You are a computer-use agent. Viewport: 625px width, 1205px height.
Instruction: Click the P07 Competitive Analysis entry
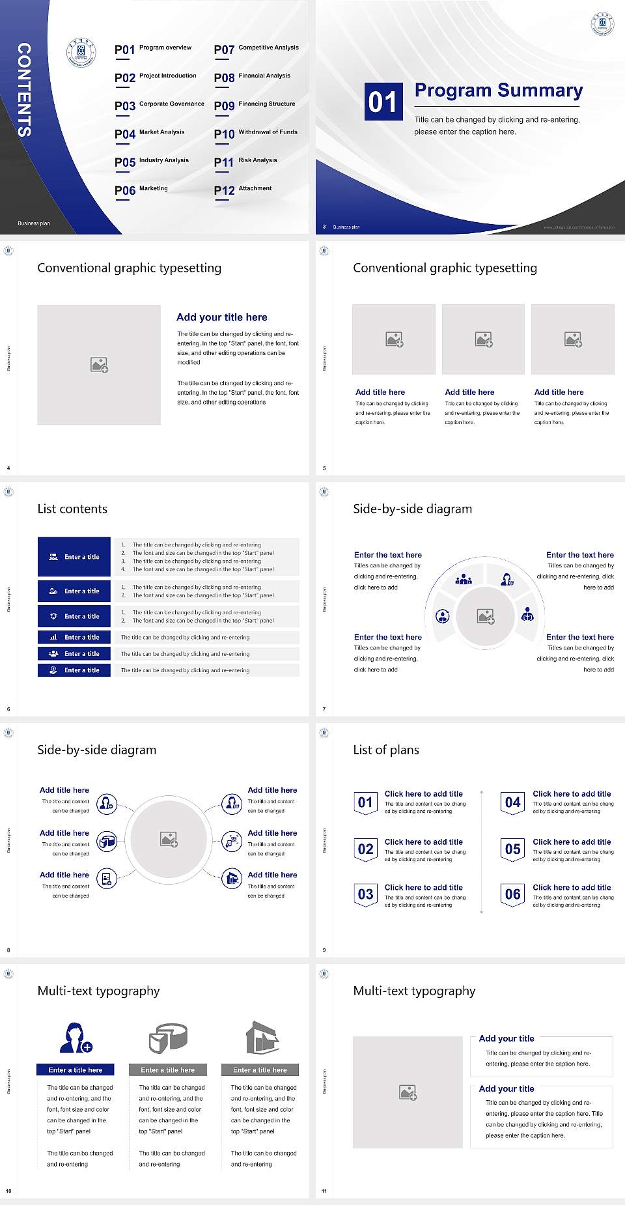point(257,50)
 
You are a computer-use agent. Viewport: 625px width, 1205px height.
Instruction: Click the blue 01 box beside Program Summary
point(382,102)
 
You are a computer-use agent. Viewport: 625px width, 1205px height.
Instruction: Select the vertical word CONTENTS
point(24,90)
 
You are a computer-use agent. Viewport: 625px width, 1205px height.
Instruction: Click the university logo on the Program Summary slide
point(602,24)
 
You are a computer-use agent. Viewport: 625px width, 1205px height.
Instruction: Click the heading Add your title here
point(221,317)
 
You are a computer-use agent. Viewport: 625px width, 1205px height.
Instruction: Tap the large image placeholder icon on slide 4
point(99,365)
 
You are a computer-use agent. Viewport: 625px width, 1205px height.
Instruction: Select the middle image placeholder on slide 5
point(483,339)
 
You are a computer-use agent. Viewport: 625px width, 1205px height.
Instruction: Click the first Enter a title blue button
point(74,557)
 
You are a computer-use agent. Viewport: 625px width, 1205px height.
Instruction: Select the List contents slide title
point(72,509)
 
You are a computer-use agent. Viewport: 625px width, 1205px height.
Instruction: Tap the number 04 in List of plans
point(512,802)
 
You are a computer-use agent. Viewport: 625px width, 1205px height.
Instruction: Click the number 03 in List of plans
point(365,894)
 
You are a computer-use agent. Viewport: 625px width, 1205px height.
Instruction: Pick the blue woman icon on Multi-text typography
point(74,1038)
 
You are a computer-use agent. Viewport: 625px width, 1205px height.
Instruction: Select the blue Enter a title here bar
point(75,1070)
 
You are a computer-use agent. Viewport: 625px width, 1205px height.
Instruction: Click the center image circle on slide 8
point(169,840)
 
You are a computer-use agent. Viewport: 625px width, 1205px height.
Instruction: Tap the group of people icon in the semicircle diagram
point(464,578)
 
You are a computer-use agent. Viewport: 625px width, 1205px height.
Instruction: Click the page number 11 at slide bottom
point(324,1191)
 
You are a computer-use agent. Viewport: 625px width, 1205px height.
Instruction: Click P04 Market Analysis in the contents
point(150,134)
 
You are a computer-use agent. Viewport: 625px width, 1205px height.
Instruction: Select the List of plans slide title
point(386,750)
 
